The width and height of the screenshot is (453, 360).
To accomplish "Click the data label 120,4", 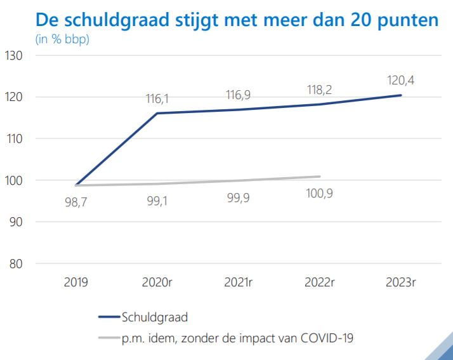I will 400,81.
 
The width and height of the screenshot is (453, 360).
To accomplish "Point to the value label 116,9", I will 239,95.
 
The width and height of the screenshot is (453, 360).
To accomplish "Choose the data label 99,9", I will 239,198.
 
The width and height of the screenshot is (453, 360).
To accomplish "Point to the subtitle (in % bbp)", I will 62,39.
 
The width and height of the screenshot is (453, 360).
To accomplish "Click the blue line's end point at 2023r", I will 400,95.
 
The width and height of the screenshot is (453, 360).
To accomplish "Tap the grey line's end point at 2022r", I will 320,177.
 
